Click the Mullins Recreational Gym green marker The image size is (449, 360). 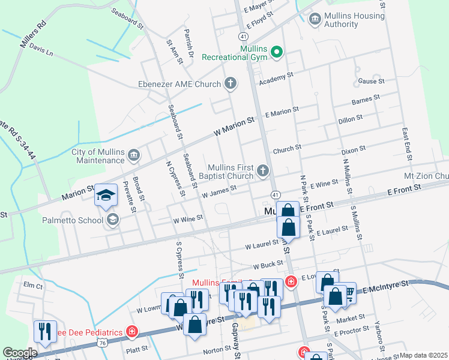pyautogui.click(x=277, y=52)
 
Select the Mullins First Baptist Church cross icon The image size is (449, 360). pyautogui.click(x=262, y=172)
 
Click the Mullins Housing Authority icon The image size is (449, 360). pyautogui.click(x=315, y=20)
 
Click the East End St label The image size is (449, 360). pyautogui.click(x=406, y=143)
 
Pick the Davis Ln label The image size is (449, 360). pyautogui.click(x=41, y=50)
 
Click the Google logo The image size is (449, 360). pyautogui.click(x=20, y=353)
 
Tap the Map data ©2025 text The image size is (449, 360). pyautogui.click(x=423, y=355)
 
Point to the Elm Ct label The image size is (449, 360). pyautogui.click(x=33, y=286)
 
